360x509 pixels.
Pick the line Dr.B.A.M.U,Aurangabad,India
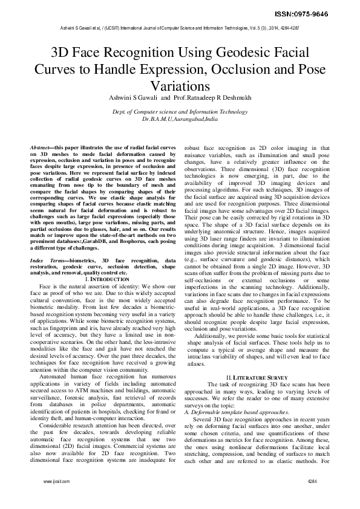(x=180, y=120)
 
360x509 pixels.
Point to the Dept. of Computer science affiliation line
(x=180, y=112)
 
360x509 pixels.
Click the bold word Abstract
(x=42, y=148)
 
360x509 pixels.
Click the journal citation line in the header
(x=180, y=28)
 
